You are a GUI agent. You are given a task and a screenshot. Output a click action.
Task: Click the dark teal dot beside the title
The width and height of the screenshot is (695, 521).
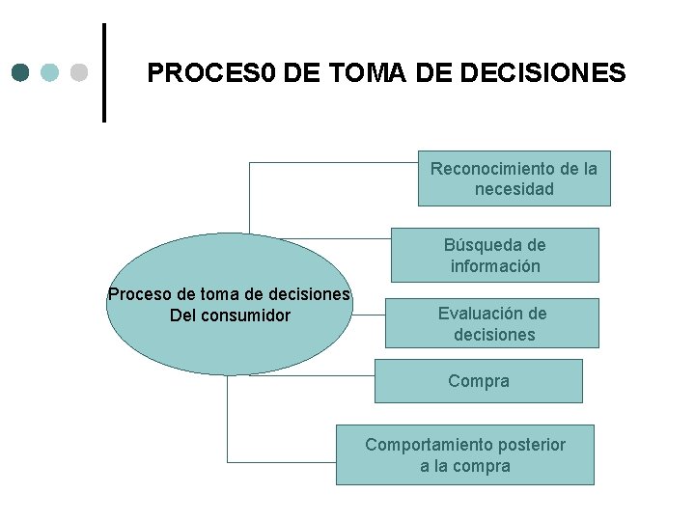(x=21, y=72)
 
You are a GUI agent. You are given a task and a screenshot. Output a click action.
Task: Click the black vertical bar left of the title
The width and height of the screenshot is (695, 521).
(x=104, y=72)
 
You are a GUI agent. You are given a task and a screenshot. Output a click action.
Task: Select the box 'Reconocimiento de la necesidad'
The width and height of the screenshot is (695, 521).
(x=514, y=178)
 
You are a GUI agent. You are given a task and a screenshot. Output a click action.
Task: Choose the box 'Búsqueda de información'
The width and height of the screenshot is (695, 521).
(x=494, y=255)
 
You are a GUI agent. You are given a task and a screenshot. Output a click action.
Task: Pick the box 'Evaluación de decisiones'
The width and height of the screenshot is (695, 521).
(x=491, y=323)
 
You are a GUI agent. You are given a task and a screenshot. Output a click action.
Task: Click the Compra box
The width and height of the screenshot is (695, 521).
(x=478, y=381)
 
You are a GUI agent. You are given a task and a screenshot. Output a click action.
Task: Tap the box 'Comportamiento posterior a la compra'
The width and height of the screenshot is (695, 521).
(x=464, y=454)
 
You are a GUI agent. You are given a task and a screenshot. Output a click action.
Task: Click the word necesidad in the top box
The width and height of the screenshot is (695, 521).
(x=514, y=189)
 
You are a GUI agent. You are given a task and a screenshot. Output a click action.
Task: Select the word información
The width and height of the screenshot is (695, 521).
(x=494, y=266)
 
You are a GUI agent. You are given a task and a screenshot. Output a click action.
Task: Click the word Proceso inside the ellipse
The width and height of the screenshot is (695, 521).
(x=136, y=294)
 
